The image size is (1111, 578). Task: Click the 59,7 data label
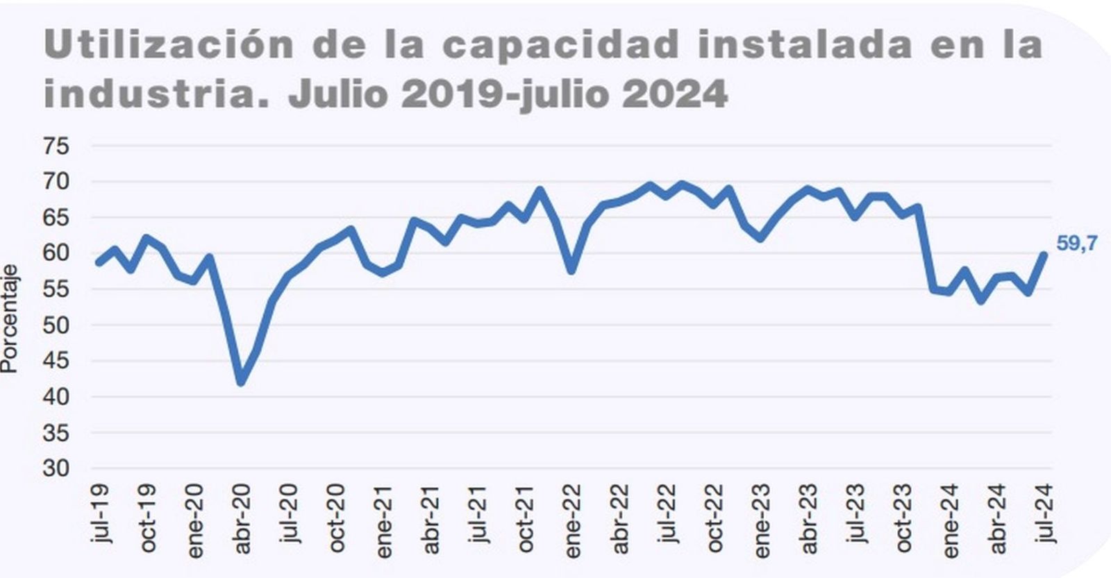point(1077,244)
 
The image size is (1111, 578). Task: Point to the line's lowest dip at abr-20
point(241,382)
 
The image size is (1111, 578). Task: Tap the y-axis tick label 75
point(56,146)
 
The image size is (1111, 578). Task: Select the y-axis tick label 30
point(56,468)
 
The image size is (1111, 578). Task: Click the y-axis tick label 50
point(56,325)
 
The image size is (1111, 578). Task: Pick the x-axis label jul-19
point(101,514)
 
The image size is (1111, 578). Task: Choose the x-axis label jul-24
point(1046,514)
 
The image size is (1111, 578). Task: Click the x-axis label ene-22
point(572,520)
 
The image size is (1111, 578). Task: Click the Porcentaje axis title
point(9,318)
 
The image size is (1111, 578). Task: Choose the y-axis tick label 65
point(56,217)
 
